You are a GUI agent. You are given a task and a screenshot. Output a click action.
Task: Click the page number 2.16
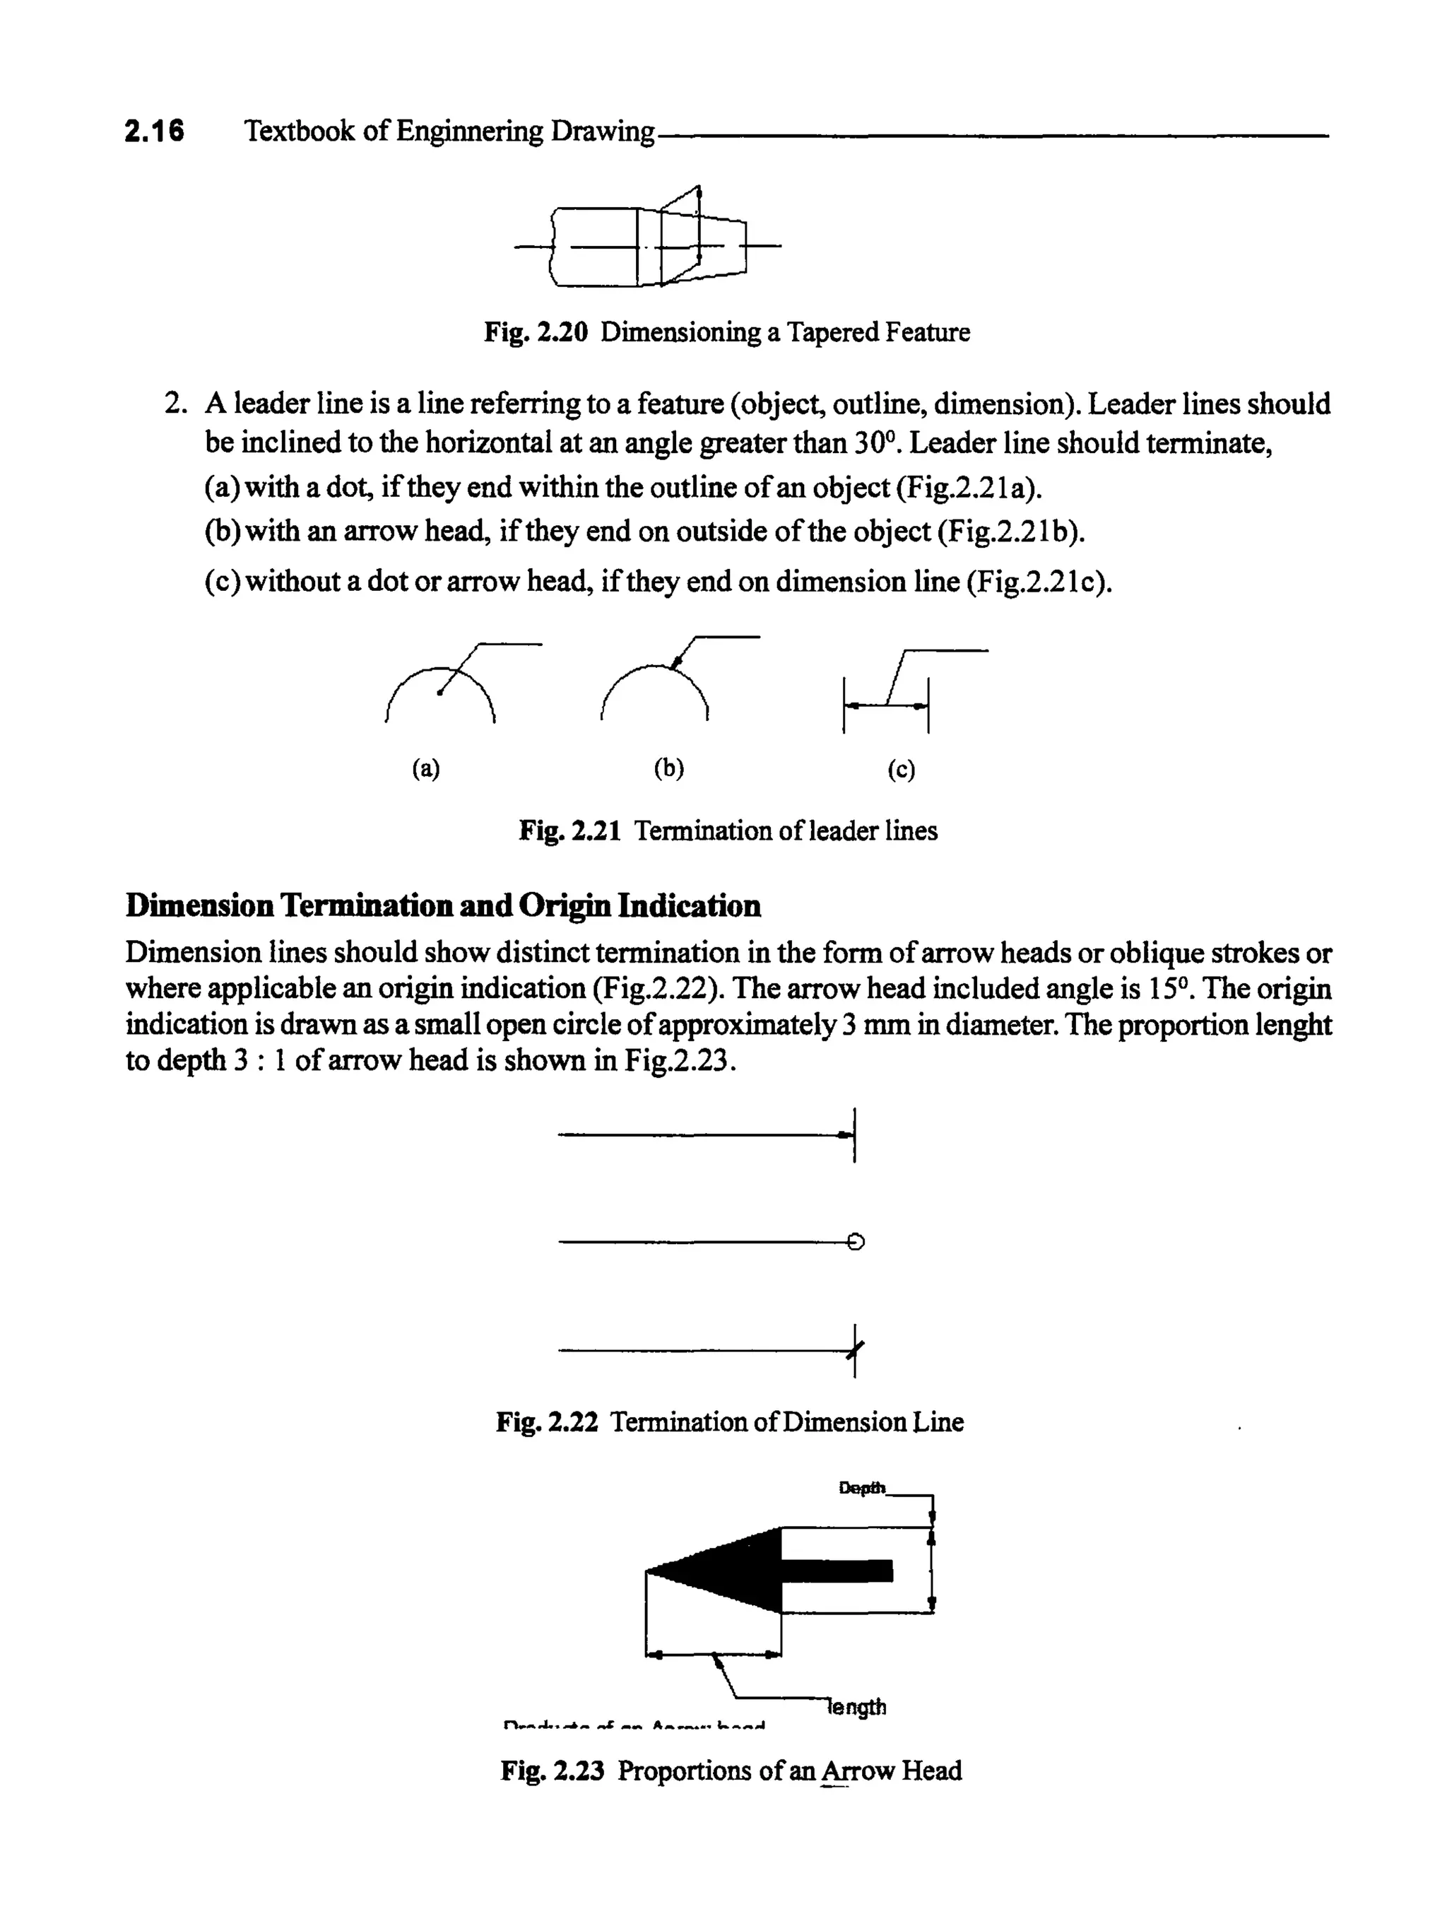coord(155,131)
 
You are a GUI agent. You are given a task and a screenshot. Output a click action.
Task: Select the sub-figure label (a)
coord(426,768)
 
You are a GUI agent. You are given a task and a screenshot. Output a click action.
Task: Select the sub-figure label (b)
coord(668,768)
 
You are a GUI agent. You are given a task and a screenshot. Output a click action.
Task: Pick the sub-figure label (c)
coord(902,769)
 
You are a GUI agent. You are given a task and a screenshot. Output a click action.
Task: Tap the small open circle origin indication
coord(856,1241)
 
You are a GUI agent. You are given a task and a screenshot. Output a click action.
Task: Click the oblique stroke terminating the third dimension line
coord(856,1351)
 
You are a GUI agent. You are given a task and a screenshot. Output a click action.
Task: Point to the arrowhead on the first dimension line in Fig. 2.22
coord(844,1135)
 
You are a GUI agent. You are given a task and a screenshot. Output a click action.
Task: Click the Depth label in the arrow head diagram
coord(861,1488)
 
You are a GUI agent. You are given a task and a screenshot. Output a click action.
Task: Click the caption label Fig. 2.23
coord(552,1771)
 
